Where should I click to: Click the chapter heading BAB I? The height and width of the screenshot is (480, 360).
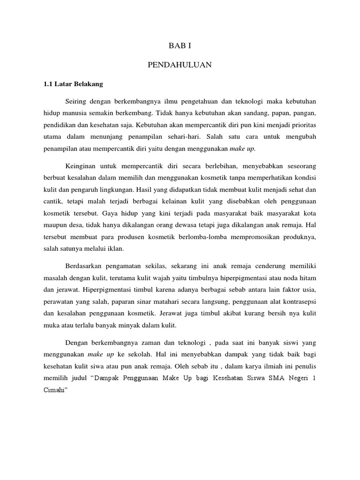click(x=180, y=46)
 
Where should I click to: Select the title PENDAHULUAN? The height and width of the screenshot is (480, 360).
click(x=180, y=65)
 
